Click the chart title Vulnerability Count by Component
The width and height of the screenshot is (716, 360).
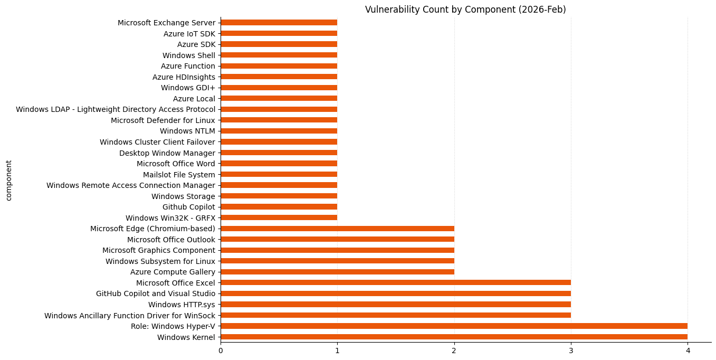coord(465,10)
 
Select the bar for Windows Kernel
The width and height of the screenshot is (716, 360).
coord(454,337)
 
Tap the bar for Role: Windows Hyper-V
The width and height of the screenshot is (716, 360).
coord(454,326)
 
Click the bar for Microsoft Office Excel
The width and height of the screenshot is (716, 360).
coord(396,282)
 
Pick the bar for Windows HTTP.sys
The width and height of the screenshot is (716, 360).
coord(396,304)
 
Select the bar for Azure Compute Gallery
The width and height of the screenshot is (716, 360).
coord(337,272)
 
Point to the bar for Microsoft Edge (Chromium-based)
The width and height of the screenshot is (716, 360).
coord(337,229)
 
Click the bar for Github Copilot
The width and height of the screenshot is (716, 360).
coord(279,207)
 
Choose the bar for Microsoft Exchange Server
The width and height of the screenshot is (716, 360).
coord(279,22)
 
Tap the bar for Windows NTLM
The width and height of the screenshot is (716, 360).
coord(279,131)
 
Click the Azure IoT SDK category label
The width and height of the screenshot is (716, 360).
coord(189,33)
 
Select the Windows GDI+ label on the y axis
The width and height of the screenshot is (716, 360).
coord(188,88)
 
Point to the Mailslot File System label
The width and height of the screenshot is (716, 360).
coord(179,174)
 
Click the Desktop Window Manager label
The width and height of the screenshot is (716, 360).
coord(167,153)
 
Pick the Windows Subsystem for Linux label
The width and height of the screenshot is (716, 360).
coord(160,261)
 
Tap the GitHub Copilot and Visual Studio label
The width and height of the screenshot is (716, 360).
coord(156,293)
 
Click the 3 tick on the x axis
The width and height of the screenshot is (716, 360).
coord(571,350)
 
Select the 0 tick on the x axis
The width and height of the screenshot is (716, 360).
coord(221,350)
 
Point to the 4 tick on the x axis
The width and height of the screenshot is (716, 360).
coord(688,350)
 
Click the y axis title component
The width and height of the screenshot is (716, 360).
coord(8,181)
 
